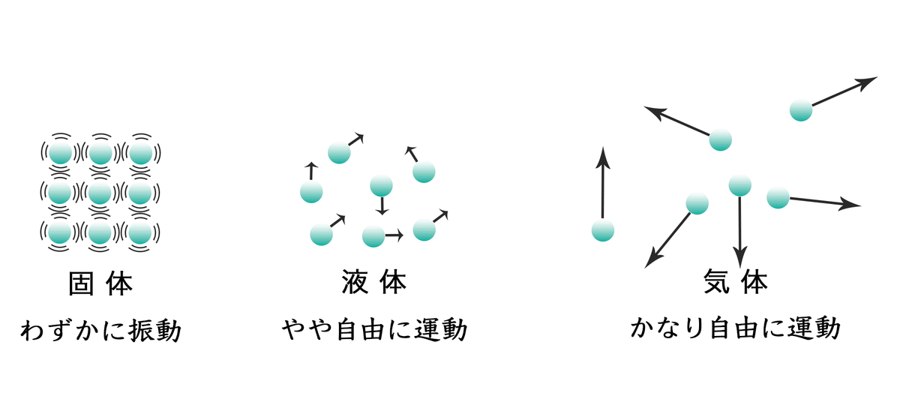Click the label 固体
tap(100, 284)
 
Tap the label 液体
tap(373, 284)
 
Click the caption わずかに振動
tap(100, 329)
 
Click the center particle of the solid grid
tap(100, 193)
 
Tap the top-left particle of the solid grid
tap(60, 154)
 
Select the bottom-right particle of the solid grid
tap(139, 233)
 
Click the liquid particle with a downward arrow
tap(382, 185)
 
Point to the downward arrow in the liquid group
tap(382, 206)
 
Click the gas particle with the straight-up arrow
tap(602, 230)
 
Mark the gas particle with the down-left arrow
tap(697, 203)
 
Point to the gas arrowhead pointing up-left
tap(652, 112)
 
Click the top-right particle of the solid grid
tap(139, 154)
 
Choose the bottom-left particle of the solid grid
tap(60, 233)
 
